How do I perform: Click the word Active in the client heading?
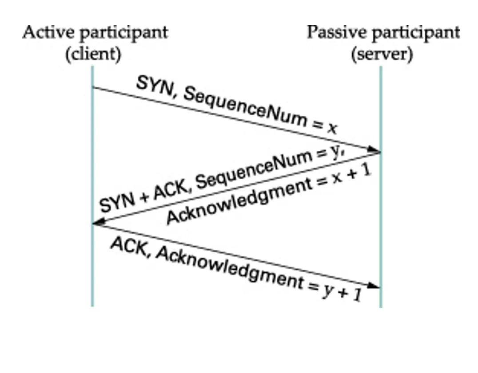click(43, 33)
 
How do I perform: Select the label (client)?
click(93, 55)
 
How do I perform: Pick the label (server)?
click(382, 55)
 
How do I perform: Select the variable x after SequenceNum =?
click(332, 128)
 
